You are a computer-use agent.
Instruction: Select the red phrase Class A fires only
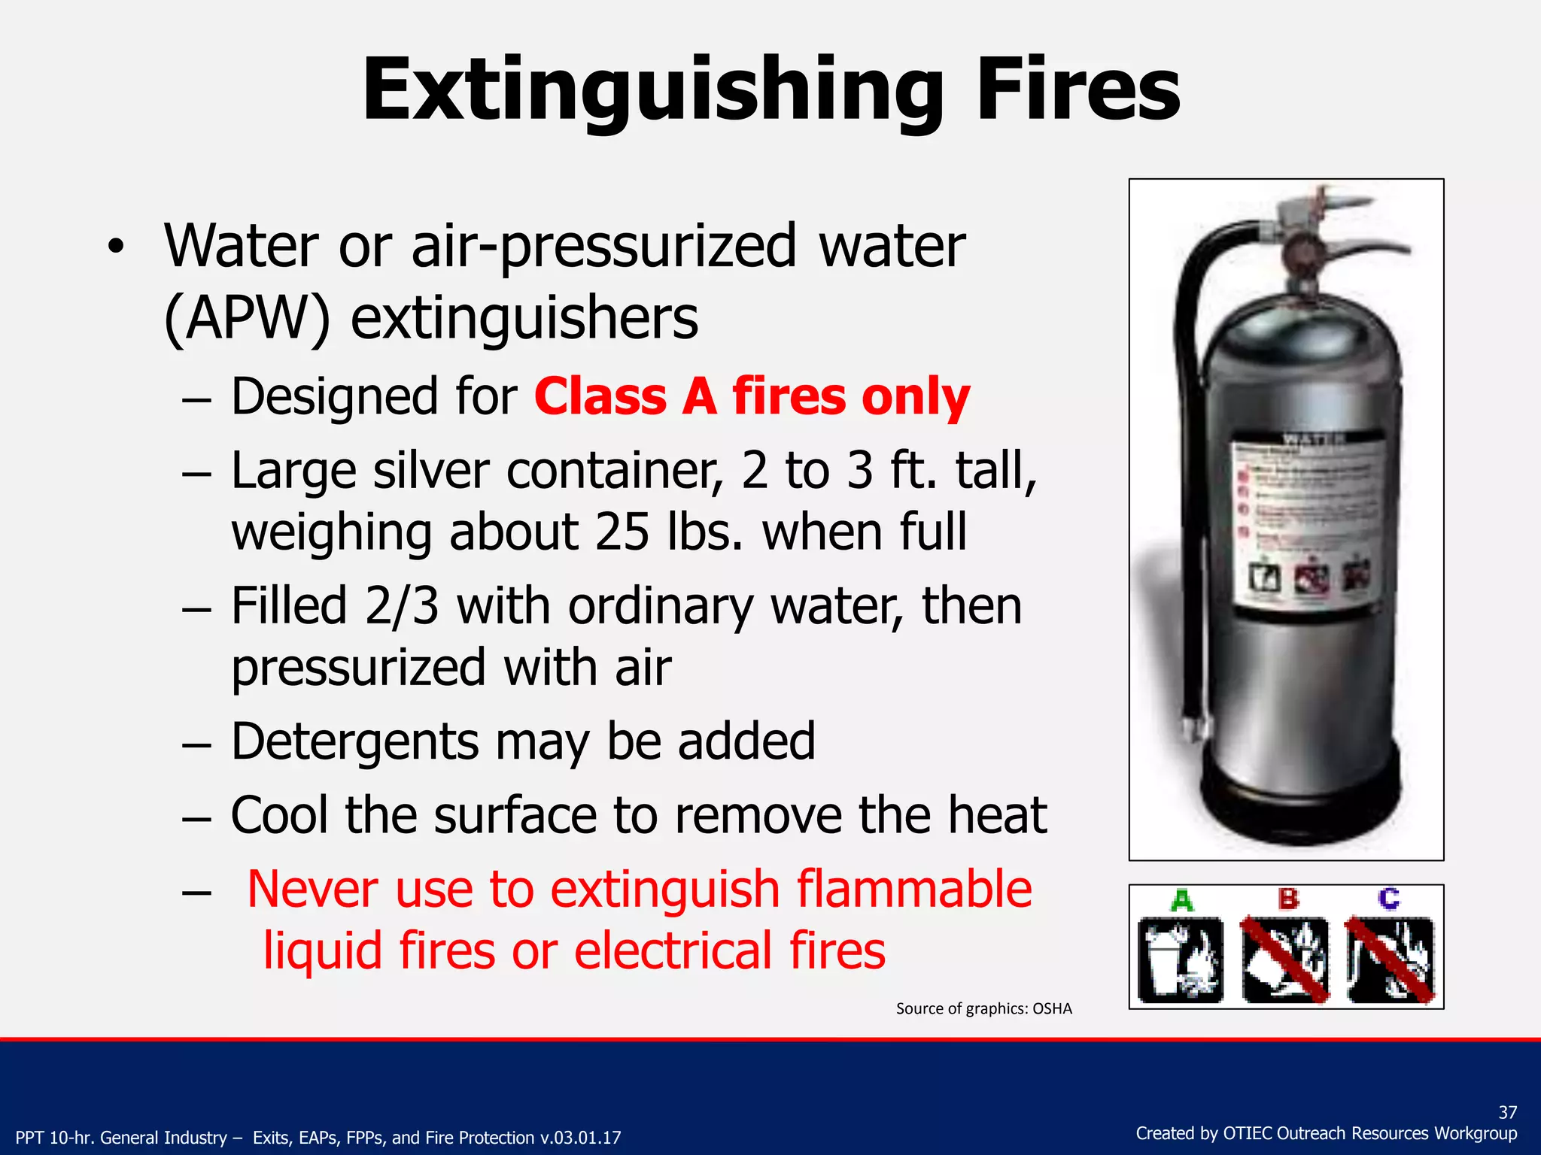[752, 397]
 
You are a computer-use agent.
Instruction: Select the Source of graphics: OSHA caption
[983, 1009]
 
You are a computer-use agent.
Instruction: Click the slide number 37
[1507, 1112]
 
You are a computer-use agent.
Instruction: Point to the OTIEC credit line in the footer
[1326, 1134]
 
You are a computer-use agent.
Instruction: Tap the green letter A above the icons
[1182, 900]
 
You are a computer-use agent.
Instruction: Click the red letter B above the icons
[1288, 899]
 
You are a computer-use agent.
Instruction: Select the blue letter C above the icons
[1389, 899]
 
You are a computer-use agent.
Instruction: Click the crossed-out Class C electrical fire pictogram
[1391, 960]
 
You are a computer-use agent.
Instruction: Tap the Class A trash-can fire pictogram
[1181, 960]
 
